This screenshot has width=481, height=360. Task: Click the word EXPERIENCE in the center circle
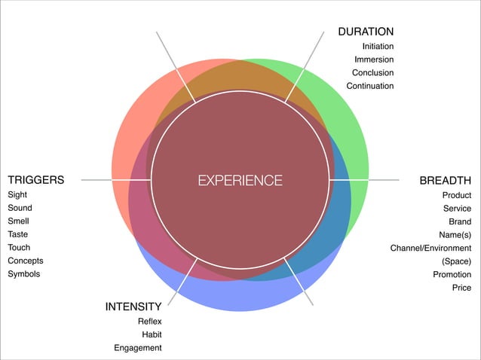240,181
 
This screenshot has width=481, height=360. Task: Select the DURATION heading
366,32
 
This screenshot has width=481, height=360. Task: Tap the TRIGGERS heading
35,181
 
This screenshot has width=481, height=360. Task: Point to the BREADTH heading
445,181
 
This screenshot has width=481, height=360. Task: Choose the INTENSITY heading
133,307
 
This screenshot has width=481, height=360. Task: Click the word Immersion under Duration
374,59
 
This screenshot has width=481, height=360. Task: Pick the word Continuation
369,86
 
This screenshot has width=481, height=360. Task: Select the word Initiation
378,47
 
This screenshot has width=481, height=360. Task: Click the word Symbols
24,274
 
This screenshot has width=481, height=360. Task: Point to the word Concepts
26,261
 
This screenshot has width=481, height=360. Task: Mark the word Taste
18,234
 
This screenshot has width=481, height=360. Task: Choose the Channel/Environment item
430,248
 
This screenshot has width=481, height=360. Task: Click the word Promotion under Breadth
452,275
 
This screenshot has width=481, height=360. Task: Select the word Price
461,288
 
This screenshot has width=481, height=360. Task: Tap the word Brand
460,221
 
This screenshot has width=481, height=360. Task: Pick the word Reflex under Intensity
149,322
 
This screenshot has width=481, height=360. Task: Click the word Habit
152,334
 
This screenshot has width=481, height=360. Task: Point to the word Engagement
138,348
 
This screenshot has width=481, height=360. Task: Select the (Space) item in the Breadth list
456,261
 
